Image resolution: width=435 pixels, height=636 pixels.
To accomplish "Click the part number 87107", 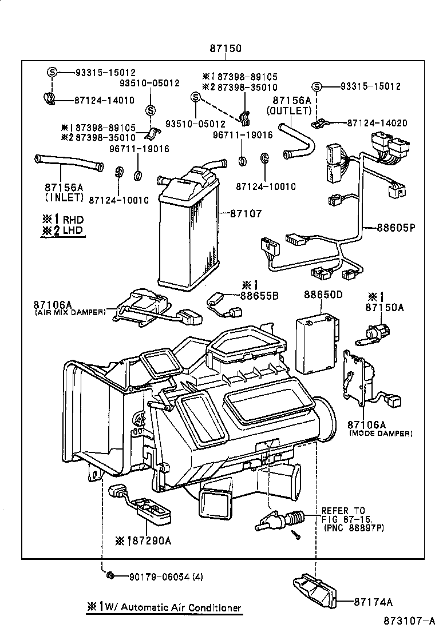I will (x=246, y=213).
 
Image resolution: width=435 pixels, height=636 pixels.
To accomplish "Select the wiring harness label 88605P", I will (x=395, y=227).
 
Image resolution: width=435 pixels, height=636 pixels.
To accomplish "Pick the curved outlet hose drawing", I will (x=298, y=140).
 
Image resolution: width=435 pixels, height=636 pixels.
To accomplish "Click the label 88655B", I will (x=259, y=296).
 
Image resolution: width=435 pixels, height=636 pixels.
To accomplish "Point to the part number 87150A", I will (x=386, y=307).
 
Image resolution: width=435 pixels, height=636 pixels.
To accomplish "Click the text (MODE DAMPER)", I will (x=380, y=434).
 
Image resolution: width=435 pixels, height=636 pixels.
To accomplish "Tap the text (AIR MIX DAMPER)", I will (x=70, y=312).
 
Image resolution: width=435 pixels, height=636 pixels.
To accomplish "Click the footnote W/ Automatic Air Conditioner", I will (x=171, y=608).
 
